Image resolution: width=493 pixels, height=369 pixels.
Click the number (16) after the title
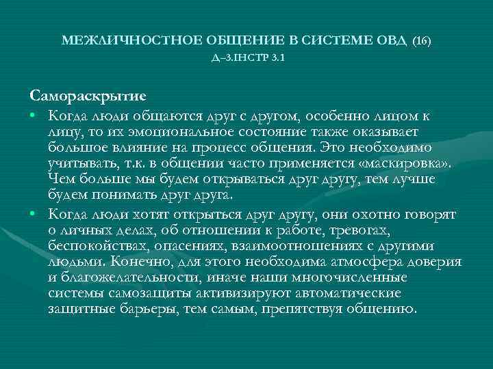(x=421, y=42)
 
